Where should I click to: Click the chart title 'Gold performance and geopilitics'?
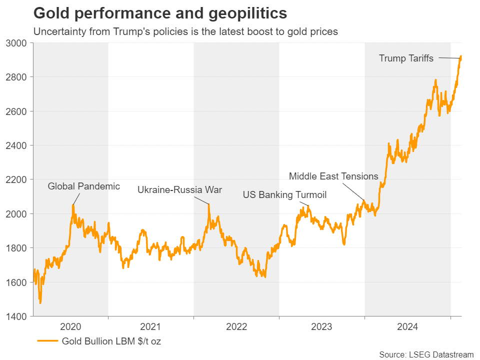click(x=160, y=12)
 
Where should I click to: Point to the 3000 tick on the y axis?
click(x=19, y=43)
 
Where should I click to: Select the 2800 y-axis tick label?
click(x=19, y=77)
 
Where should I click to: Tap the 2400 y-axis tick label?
click(x=19, y=145)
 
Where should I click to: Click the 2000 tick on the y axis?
click(x=19, y=214)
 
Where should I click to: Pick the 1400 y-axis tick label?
click(x=19, y=316)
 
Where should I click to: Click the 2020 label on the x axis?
click(x=70, y=327)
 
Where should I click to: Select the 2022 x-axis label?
click(x=236, y=327)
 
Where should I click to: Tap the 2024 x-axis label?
click(x=407, y=327)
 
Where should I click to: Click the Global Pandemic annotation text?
click(x=83, y=186)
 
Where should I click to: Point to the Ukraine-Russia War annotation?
click(x=179, y=190)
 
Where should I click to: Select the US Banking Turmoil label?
click(x=284, y=195)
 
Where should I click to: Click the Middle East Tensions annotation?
click(x=333, y=176)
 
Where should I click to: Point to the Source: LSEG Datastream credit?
click(x=426, y=354)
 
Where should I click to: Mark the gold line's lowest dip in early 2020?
click(x=40, y=303)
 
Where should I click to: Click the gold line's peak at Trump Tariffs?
click(x=460, y=56)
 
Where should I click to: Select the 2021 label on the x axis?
click(x=150, y=327)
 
